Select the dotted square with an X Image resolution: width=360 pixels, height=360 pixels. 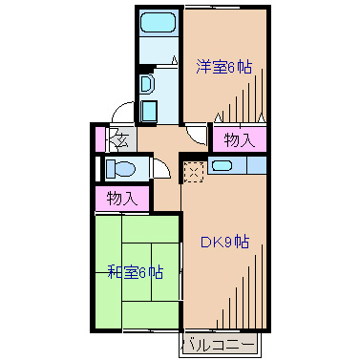pos(194,171)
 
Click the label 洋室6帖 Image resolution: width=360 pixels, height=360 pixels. pos(224,67)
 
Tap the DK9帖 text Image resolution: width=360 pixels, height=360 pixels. pos(224,242)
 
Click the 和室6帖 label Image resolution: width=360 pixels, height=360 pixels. pos(135,272)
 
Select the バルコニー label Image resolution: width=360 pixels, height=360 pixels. pos(219,343)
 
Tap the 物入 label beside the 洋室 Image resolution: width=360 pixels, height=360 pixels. pos(238,140)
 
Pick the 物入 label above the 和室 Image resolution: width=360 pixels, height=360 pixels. pos(122,200)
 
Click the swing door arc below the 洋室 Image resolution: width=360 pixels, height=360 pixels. pos(197,136)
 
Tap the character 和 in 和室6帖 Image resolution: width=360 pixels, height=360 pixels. pos(114,272)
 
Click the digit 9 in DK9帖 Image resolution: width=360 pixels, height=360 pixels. pos(228,242)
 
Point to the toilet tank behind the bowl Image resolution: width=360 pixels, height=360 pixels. pos(108,169)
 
